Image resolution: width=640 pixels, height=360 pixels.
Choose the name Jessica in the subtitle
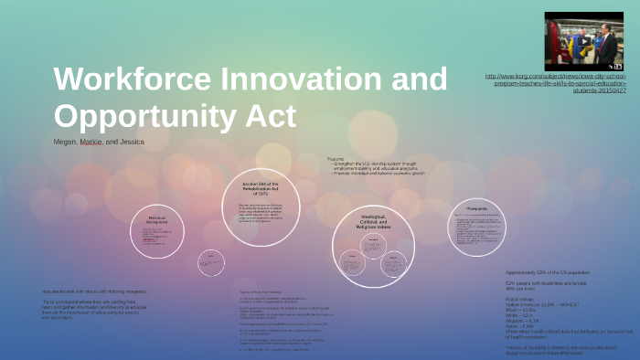coord(133,143)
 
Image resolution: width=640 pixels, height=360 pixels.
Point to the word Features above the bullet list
coord(337,158)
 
